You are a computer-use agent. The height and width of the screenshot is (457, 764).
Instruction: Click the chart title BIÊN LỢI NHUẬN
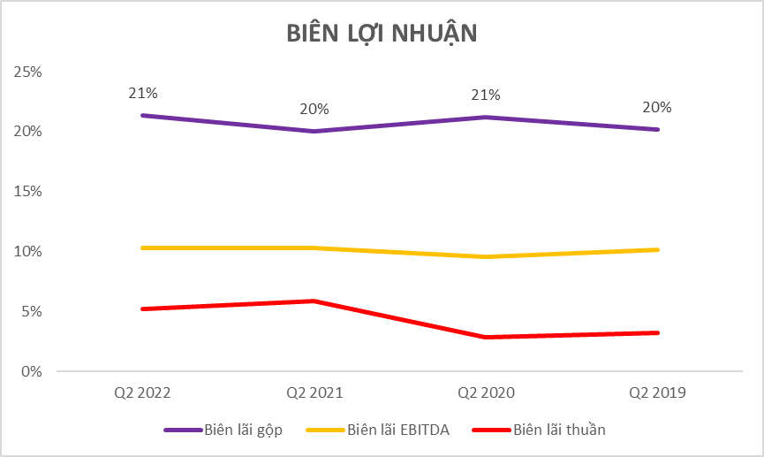coord(382,33)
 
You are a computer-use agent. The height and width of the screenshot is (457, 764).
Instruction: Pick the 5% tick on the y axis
coord(32,311)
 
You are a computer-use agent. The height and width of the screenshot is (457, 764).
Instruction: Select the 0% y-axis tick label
coord(32,371)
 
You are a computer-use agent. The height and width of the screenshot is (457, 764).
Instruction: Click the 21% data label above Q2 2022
coord(142,93)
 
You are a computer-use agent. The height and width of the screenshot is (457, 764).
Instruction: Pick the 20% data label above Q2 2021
coord(314,109)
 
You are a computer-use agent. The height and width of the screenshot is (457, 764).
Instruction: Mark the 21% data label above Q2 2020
coord(486,95)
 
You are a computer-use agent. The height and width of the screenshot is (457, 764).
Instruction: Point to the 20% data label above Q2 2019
coord(658,107)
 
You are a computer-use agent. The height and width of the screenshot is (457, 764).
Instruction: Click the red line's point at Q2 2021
coord(314,301)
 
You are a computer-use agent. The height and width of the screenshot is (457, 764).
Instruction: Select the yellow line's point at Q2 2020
coord(486,257)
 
